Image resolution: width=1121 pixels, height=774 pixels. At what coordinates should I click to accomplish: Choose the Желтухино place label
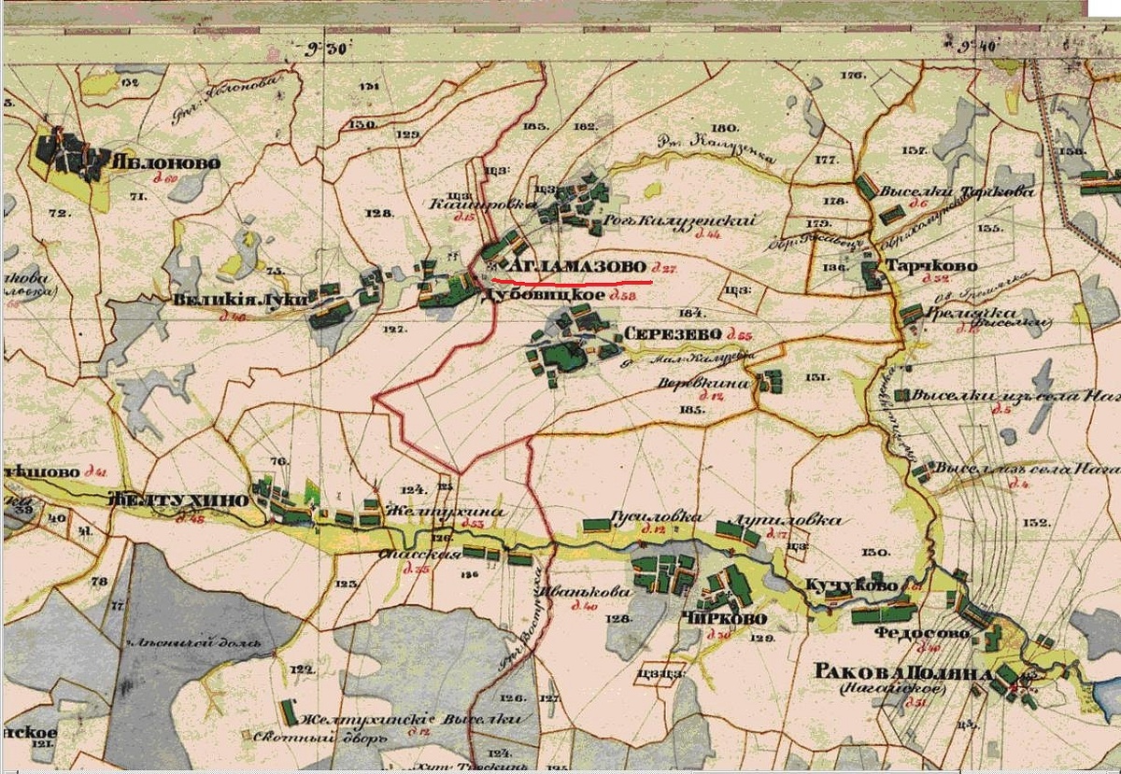point(178,500)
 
